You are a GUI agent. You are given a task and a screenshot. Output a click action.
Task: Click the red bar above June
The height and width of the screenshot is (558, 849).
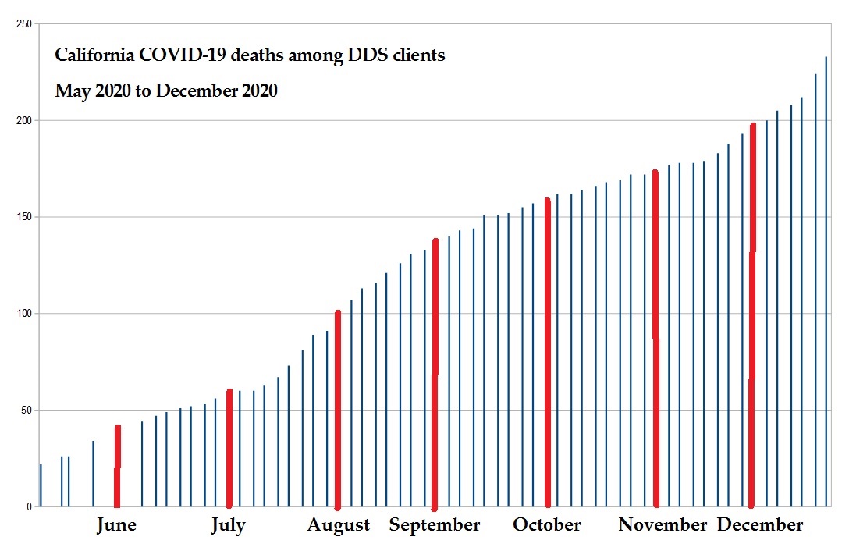(118, 468)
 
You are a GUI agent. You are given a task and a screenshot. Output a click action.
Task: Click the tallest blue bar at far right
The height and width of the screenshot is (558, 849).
(826, 281)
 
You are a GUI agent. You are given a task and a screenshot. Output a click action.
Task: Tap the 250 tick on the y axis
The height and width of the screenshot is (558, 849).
(23, 24)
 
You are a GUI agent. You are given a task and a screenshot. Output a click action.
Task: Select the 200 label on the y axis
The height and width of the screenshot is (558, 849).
(23, 121)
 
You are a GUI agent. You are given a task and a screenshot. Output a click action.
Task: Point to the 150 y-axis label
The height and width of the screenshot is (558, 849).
(23, 217)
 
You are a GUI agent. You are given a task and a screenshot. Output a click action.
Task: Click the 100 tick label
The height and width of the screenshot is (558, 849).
(23, 314)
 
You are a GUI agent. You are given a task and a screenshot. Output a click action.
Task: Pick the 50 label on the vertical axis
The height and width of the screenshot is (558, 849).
(26, 410)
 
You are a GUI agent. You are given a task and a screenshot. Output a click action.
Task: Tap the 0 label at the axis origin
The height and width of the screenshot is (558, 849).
(29, 506)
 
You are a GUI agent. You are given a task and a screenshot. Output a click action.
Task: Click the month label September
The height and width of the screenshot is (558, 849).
(435, 525)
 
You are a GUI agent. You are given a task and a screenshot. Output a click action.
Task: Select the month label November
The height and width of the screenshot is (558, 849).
(663, 525)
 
